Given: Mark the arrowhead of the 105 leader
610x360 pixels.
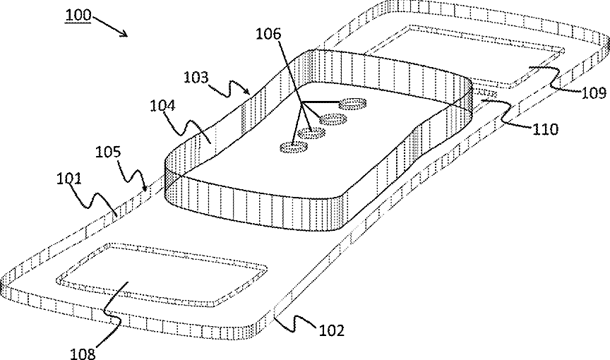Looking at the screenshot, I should click(x=145, y=189).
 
